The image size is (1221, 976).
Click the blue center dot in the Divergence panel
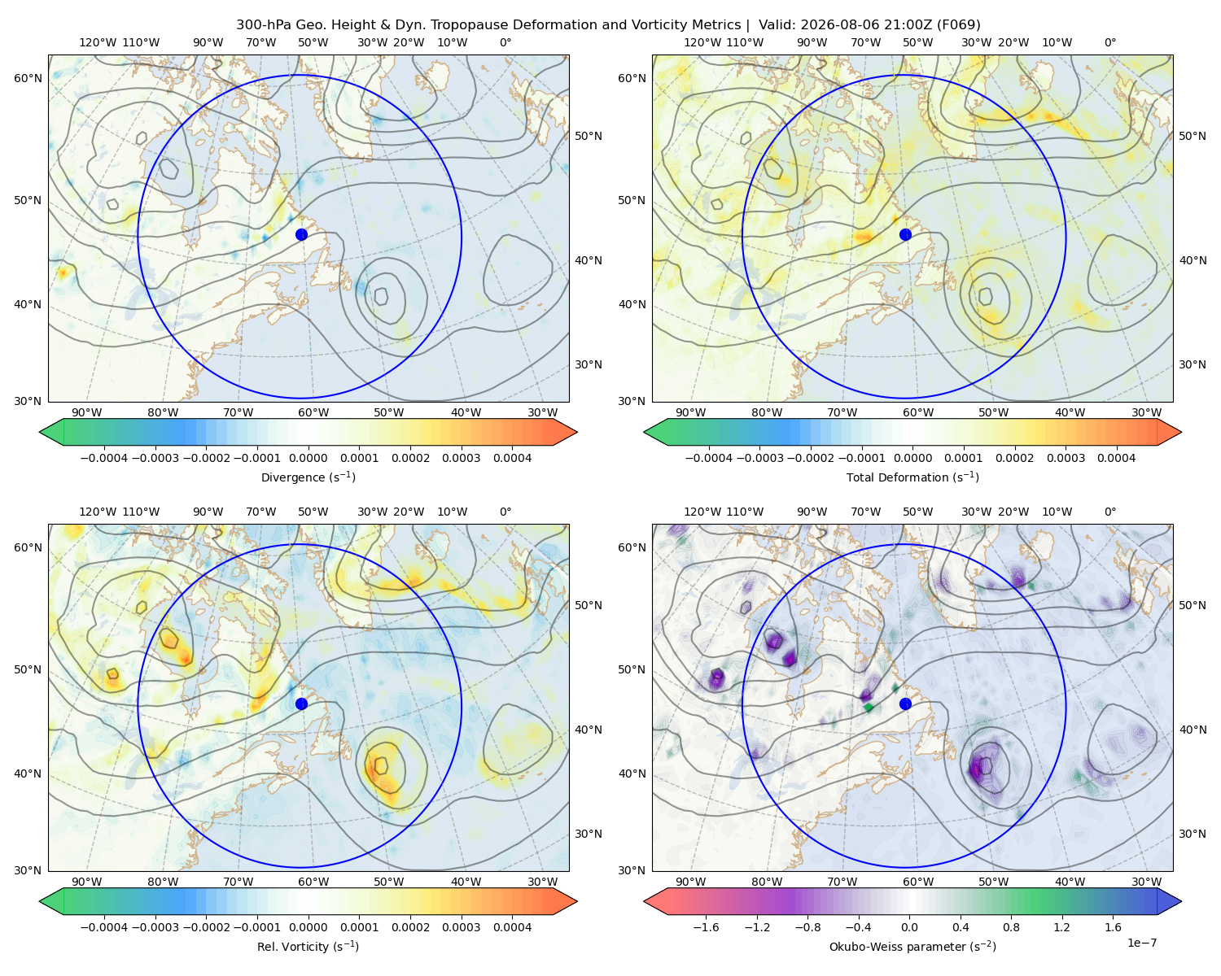pos(301,234)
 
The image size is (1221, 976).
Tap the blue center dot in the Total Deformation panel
pos(905,234)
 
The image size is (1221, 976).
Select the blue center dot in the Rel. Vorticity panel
pos(301,704)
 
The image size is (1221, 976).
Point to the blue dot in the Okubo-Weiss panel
pos(905,704)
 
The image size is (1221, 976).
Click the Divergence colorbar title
pos(308,477)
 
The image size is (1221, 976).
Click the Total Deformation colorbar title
pos(912,477)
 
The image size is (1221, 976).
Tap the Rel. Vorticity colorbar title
pos(308,946)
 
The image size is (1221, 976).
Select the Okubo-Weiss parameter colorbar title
pos(912,946)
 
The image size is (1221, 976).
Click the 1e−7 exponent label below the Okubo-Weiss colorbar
pos(1141,943)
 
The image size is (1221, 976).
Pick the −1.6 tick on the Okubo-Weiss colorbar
pos(706,927)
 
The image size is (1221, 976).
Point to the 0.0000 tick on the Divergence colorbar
pos(308,458)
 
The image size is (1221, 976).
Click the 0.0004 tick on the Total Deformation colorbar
pos(1116,458)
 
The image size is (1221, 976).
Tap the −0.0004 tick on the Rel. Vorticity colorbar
pos(104,927)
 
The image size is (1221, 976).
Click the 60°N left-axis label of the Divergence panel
pos(28,78)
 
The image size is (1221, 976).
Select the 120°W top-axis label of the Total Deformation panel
pos(702,42)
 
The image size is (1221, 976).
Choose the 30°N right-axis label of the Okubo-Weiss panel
pos(1192,834)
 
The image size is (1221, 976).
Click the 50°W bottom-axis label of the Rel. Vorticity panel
pos(388,882)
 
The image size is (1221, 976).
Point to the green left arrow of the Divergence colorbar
pos(51,432)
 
